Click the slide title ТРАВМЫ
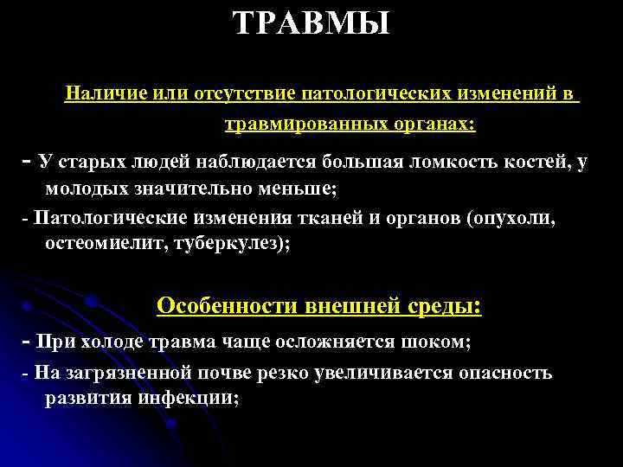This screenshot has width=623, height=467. coord(311,22)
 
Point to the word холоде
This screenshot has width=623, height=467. coord(117,342)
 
